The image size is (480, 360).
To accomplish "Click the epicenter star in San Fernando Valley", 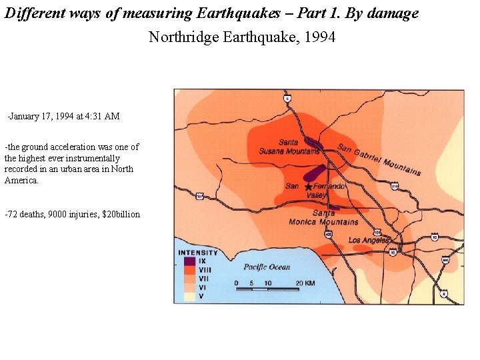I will click(308, 187).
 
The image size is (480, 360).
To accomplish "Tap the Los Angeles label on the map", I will click(369, 240).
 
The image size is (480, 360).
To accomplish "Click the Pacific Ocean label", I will click(267, 267).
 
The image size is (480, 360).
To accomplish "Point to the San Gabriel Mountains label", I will click(379, 160).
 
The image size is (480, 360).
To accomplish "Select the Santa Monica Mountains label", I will click(324, 218).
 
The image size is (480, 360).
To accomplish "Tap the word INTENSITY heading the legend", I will click(198, 253).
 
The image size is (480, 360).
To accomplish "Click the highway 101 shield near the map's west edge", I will click(199, 197).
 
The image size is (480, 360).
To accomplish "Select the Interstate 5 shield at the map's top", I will click(287, 98).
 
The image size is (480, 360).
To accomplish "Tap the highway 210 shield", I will click(395, 187).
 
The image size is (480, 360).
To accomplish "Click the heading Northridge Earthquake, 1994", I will click(242, 37).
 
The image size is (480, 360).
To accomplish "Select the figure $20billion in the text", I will click(121, 214).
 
